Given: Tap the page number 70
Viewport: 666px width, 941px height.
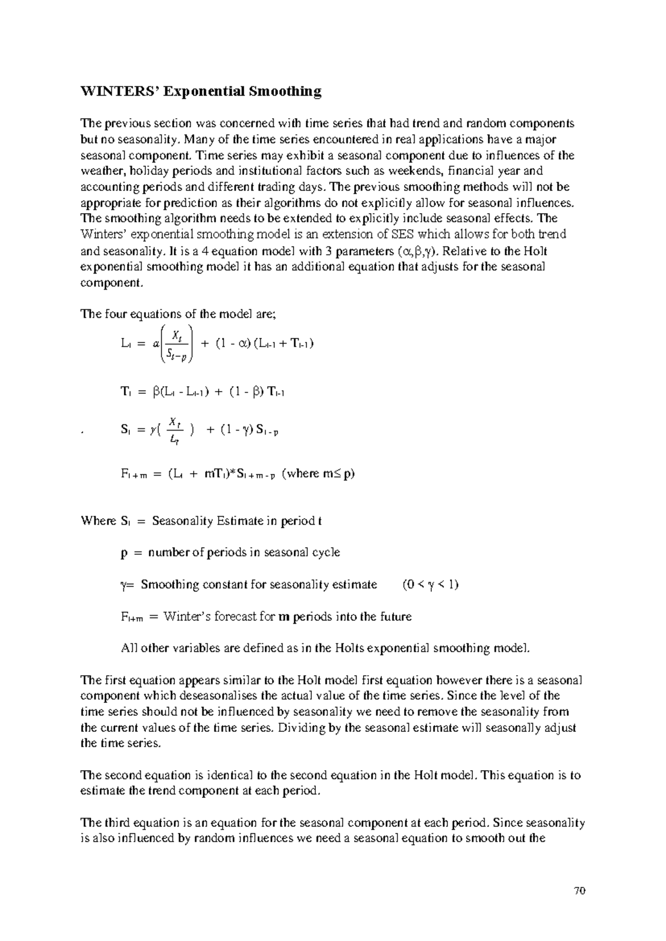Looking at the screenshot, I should (580, 892).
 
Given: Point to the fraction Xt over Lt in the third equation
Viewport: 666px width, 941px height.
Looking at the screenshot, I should (174, 431).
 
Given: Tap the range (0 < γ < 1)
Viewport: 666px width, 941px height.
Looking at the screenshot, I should (430, 585).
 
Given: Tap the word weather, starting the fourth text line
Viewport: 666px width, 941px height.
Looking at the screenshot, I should (101, 171).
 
